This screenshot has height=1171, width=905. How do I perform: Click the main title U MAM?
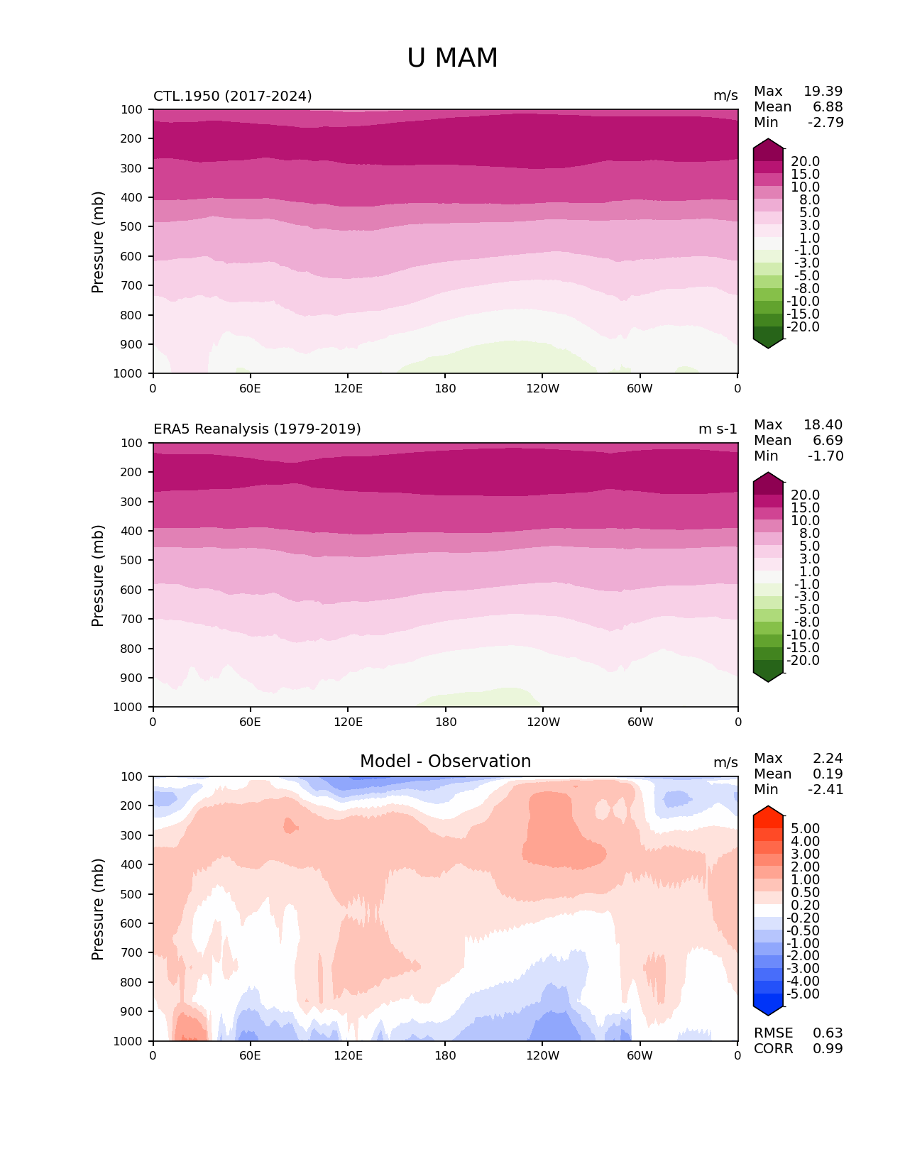pyautogui.click(x=452, y=58)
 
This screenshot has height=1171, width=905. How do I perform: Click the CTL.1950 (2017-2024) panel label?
pyautogui.click(x=232, y=96)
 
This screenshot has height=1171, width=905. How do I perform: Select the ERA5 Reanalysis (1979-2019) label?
pyautogui.click(x=257, y=429)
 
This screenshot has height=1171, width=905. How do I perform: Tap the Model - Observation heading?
pyautogui.click(x=445, y=762)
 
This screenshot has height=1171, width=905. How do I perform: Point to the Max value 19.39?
pyautogui.click(x=823, y=92)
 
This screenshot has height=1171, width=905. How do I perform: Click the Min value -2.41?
pyautogui.click(x=826, y=790)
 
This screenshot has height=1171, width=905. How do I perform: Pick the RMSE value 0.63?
pyautogui.click(x=828, y=1033)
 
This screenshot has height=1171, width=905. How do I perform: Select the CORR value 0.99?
pyautogui.click(x=828, y=1049)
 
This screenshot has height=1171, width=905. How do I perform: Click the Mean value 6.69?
pyautogui.click(x=828, y=441)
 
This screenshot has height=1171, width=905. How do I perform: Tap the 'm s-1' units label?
pyautogui.click(x=718, y=429)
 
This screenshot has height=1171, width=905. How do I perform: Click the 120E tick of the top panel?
pyautogui.click(x=348, y=389)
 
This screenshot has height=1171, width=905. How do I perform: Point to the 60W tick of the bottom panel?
pyautogui.click(x=640, y=1056)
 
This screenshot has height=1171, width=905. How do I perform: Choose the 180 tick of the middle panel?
pyautogui.click(x=446, y=722)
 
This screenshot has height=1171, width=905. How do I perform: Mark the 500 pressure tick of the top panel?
pyautogui.click(x=133, y=227)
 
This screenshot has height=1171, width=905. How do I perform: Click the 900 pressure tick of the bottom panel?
pyautogui.click(x=133, y=1012)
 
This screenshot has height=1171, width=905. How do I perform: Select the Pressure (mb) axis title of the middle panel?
pyautogui.click(x=98, y=576)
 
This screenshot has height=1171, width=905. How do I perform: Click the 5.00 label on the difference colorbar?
pyautogui.click(x=805, y=829)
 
